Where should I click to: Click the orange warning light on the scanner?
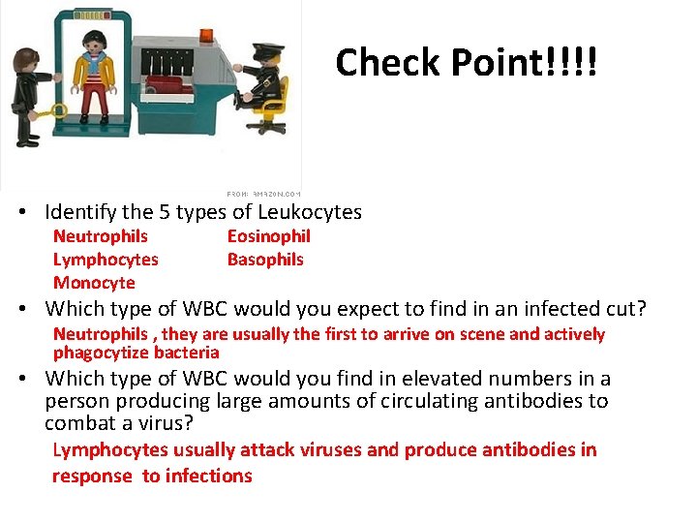[209, 36]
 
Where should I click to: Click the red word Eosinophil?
[268, 236]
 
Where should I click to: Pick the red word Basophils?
[265, 260]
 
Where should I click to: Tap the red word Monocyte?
[94, 283]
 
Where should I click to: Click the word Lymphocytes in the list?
[106, 260]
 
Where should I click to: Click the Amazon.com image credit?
[263, 194]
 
